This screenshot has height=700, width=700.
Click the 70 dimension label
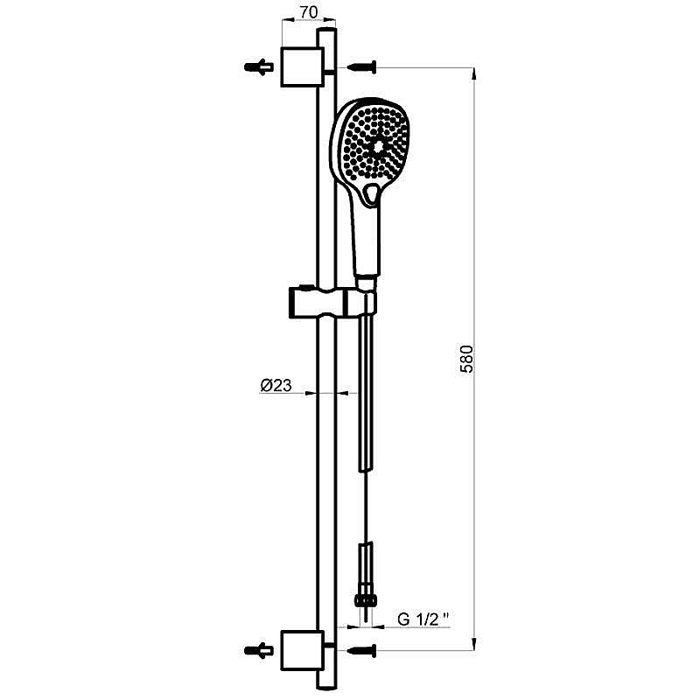tap(309, 12)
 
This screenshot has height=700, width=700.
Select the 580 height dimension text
tap(466, 359)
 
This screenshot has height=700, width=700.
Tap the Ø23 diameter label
tap(276, 385)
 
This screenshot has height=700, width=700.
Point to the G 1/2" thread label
tap(423, 619)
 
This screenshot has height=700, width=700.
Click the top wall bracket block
tap(301, 66)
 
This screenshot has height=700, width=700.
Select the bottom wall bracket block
tap(301, 650)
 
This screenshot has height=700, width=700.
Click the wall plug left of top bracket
tap(259, 67)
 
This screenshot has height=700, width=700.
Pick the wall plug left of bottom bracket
tap(259, 650)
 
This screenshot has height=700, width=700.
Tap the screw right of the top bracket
tap(362, 67)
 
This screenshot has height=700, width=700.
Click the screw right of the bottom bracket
tap(362, 650)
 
